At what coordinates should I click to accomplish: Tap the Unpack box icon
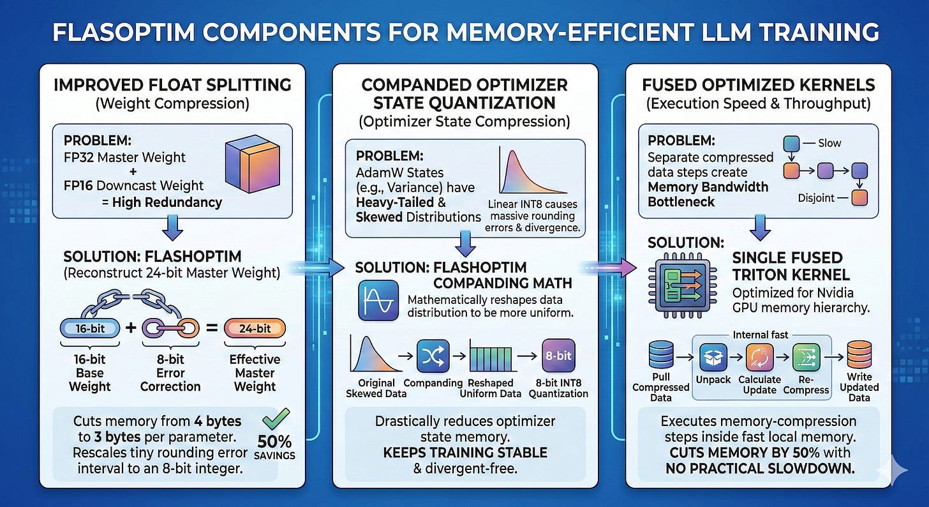click(x=713, y=358)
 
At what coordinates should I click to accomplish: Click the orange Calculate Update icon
click(x=759, y=358)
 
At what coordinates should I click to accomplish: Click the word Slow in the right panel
click(x=829, y=144)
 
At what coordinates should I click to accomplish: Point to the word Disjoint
click(x=816, y=197)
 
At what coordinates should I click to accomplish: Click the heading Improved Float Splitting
click(x=173, y=84)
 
